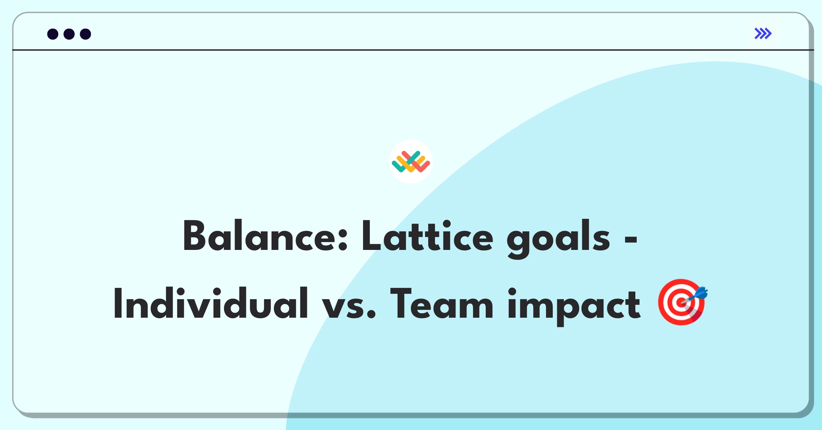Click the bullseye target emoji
(681, 302)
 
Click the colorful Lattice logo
(411, 162)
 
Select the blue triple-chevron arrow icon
(763, 34)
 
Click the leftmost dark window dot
(53, 34)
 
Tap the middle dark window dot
(69, 34)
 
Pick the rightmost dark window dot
(85, 34)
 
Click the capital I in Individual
(117, 304)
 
